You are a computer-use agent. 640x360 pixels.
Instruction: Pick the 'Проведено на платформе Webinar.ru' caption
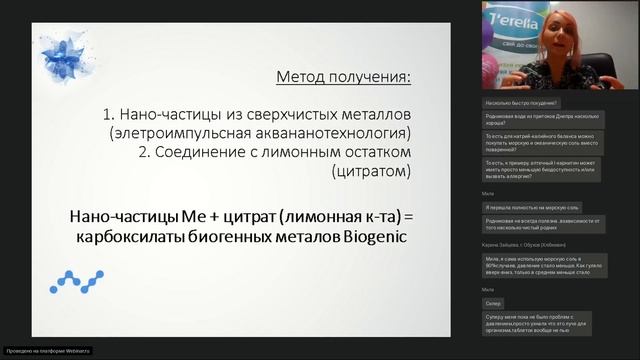tap(48, 351)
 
